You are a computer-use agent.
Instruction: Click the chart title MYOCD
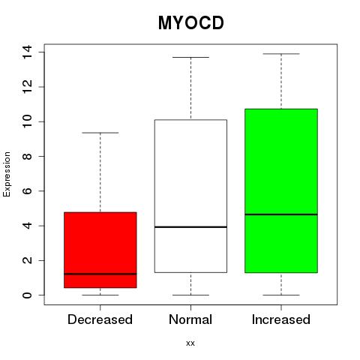click(191, 23)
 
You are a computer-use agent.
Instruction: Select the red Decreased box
click(100, 250)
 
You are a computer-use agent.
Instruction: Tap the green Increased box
click(281, 190)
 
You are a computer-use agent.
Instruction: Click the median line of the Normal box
click(190, 227)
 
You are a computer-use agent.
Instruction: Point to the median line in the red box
click(100, 274)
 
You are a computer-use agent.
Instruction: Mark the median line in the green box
click(281, 214)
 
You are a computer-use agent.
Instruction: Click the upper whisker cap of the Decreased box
click(100, 133)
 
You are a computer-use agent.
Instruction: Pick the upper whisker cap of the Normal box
click(190, 57)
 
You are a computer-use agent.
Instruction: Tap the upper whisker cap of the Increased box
click(281, 54)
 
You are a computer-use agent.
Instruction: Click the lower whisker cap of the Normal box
click(190, 295)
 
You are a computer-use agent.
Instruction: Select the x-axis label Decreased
click(100, 319)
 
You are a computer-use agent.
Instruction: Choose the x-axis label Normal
click(190, 319)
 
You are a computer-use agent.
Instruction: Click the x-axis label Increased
click(281, 319)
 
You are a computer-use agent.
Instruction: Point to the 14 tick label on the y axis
click(27, 52)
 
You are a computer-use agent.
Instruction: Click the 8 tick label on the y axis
click(27, 156)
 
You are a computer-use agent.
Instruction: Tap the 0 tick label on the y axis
click(27, 295)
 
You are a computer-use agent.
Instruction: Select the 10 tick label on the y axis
click(27, 121)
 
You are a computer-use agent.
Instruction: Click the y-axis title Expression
click(7, 174)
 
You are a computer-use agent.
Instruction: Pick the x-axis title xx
click(190, 343)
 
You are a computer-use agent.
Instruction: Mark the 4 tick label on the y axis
click(27, 226)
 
